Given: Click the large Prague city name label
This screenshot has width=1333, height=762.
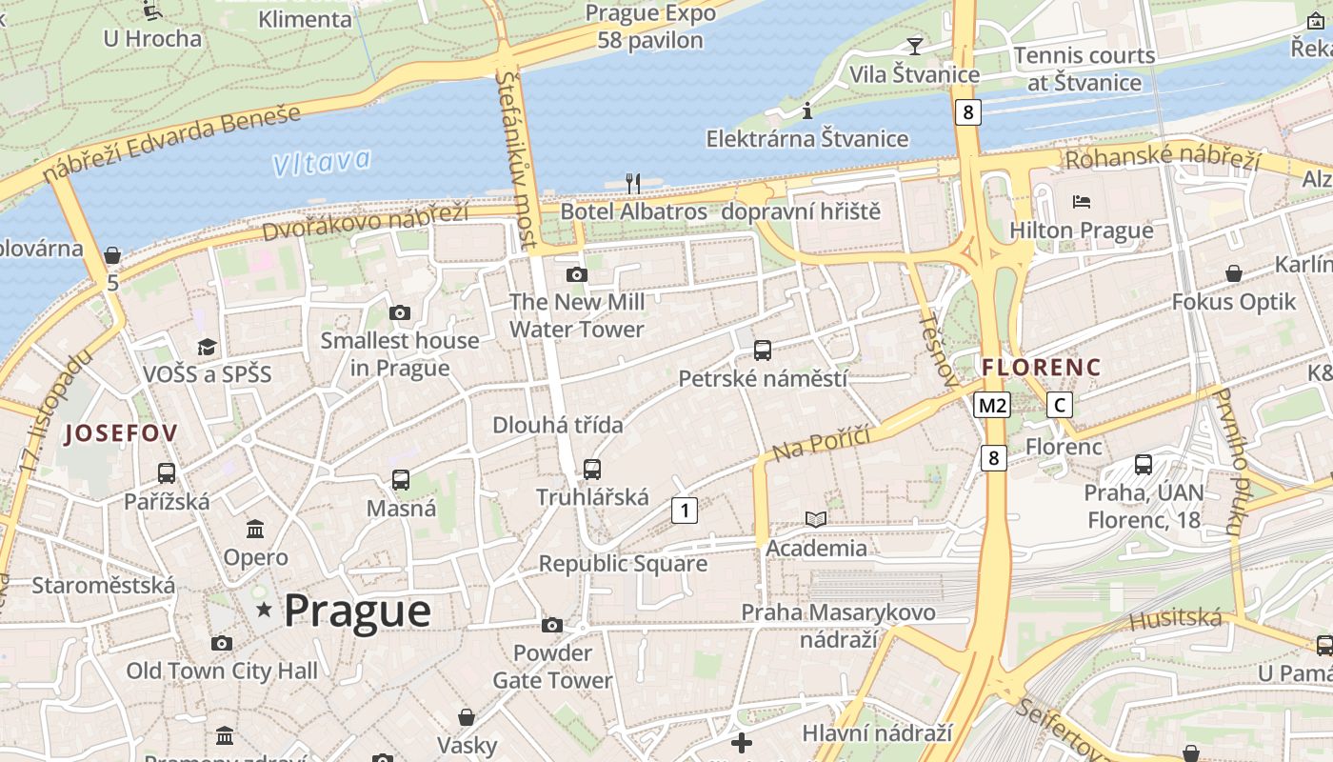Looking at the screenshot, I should pos(357,611).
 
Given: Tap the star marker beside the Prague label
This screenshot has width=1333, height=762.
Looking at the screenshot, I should pos(264,609).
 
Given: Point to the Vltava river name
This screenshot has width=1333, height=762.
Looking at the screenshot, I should pos(321,163).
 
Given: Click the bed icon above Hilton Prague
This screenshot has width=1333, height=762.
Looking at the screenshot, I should pos(1081,202).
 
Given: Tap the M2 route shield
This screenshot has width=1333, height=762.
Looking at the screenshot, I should pos(992,406).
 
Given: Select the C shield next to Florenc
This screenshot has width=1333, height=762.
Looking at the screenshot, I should pos(1059,405).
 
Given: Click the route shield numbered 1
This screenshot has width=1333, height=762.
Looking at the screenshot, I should pos(684,511).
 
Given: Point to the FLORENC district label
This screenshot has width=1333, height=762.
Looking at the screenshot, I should pos(1041,367).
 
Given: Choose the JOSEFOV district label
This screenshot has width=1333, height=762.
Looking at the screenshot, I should pos(120,434).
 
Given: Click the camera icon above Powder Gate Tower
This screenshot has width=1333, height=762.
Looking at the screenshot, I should pos(551,626).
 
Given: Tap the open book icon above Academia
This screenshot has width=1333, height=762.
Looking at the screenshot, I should pos(816,519).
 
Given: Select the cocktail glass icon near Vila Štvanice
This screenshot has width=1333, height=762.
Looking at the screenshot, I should pos(914,46).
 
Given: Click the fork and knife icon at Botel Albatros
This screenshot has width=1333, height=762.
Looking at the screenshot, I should pos(633,183).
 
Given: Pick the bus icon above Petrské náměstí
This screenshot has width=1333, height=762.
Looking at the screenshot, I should pos(762,351).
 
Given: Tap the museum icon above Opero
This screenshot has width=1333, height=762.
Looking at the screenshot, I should pos(255,529).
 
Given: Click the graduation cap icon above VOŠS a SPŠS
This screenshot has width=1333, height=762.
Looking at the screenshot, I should pos(207,346).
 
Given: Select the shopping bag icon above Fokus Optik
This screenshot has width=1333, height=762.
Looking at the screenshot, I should pos(1233,274).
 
